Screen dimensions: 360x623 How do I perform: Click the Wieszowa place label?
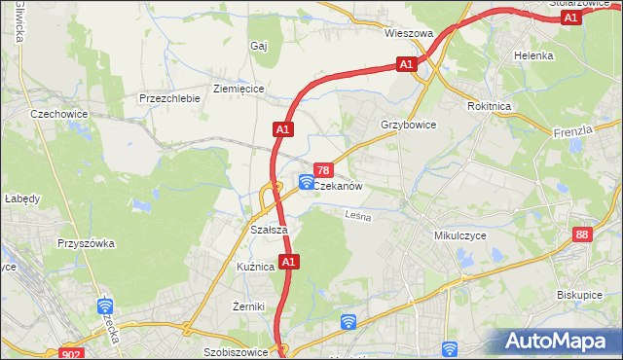(408, 32)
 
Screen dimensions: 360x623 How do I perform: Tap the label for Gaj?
(258, 46)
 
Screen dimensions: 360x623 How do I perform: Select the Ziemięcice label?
(238, 88)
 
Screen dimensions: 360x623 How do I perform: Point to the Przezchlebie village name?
(169, 98)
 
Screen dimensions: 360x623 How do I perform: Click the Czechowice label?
(59, 114)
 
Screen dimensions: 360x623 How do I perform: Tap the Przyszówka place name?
(87, 243)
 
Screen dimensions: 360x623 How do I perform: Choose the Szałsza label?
(268, 230)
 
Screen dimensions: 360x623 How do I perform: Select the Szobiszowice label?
(236, 352)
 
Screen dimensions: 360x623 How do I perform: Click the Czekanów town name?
(338, 186)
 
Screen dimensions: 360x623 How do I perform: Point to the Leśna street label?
(358, 217)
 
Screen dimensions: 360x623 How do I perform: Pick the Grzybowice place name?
(409, 126)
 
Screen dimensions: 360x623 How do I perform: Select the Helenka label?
(533, 55)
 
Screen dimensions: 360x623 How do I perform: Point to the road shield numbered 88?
(582, 234)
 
